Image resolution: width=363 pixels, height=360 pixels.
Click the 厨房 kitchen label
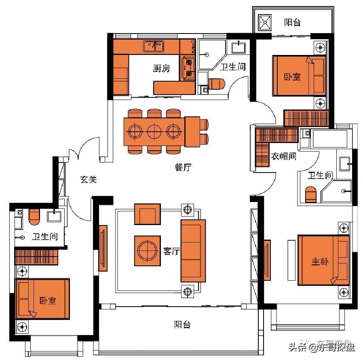point(161,68)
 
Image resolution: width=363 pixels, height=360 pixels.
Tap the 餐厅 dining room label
point(183,167)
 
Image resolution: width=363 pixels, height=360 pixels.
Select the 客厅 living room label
point(171,251)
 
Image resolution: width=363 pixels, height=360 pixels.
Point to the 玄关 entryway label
point(89,179)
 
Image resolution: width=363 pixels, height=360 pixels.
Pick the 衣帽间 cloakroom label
point(283,156)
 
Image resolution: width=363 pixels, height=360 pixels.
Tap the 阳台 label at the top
point(292,22)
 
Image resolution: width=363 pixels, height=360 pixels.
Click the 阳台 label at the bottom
point(182,324)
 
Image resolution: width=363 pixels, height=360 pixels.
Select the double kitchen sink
point(154,46)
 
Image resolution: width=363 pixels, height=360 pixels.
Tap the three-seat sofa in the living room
point(193,251)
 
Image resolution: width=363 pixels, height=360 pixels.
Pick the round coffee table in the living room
point(147,251)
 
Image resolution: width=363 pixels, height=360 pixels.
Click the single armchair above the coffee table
point(147,214)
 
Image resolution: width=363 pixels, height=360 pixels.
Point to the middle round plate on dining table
point(154,131)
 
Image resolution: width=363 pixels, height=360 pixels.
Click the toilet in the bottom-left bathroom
point(34,216)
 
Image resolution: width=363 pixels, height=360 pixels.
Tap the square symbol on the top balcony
point(265,22)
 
